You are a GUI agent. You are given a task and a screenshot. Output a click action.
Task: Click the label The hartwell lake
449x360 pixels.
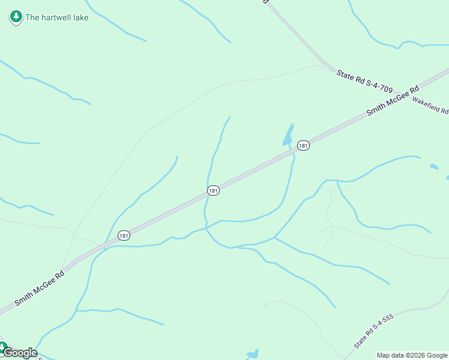click(56, 17)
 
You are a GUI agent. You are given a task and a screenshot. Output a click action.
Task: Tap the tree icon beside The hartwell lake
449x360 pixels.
click(16, 17)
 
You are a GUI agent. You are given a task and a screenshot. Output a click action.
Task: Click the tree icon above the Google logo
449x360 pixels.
click(2, 347)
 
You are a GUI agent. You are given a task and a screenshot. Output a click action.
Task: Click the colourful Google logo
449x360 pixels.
click(20, 353)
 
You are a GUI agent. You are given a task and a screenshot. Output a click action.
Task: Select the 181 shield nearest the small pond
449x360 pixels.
click(303, 146)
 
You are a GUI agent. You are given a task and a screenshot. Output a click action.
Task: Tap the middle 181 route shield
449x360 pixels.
click(213, 190)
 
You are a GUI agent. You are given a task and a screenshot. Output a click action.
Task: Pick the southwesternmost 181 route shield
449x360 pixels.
click(123, 235)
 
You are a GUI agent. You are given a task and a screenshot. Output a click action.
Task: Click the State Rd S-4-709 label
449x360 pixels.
click(364, 82)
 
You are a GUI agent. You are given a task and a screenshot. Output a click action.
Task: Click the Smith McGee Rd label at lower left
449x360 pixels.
click(39, 289)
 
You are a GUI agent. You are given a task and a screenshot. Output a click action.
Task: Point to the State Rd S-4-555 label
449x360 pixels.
click(373, 331)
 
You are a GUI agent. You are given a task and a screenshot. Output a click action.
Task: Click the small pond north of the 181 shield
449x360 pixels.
click(289, 136)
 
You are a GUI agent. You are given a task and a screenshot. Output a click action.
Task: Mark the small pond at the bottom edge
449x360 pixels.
click(252, 354)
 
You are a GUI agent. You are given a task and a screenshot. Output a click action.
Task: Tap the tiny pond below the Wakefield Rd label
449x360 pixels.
click(434, 166)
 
